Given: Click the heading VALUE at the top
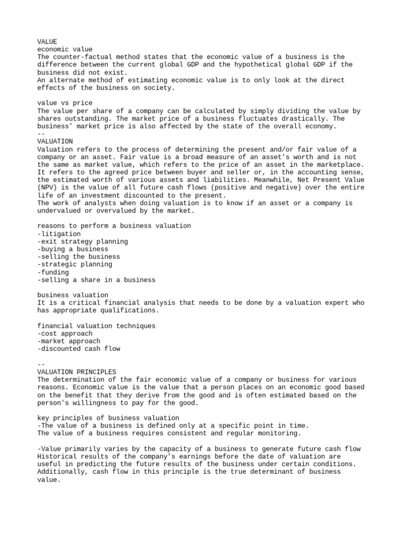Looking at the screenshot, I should (47, 41).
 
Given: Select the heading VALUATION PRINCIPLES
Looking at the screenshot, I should (76, 372).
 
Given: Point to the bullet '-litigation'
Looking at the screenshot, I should (59, 233).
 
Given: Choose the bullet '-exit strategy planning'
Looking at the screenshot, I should (82, 241).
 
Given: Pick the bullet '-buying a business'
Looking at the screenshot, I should (73, 249).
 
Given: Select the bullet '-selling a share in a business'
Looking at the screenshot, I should (96, 280).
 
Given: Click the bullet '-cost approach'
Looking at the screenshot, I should (65, 333).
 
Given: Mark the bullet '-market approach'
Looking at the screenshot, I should (69, 341).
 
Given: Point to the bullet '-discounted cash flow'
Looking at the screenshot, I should (79, 349).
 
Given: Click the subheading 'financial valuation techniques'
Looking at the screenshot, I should (96, 326).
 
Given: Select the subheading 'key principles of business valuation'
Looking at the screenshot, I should (108, 418).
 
